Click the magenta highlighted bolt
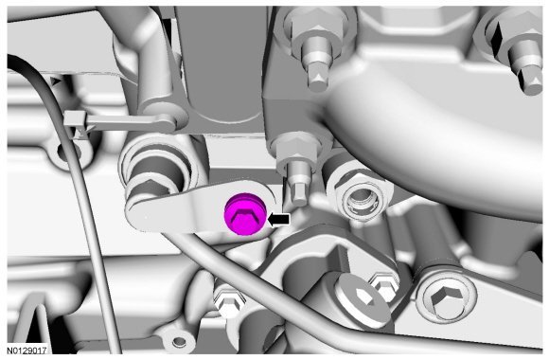(x=245, y=214)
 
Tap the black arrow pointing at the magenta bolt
(x=278, y=220)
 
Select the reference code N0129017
(x=27, y=351)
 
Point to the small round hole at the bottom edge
(x=179, y=340)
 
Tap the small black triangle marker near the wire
(x=55, y=82)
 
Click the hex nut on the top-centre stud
(x=316, y=28)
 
